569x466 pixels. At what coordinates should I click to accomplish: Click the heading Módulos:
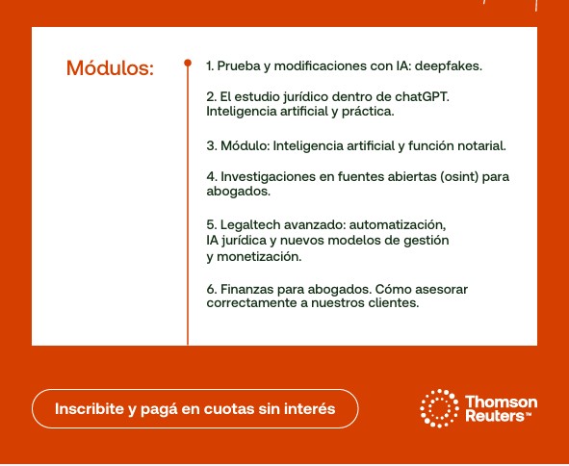pyautogui.click(x=110, y=68)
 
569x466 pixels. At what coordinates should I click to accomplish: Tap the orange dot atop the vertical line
pyautogui.click(x=188, y=64)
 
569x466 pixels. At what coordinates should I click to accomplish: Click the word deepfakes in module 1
pyautogui.click(x=450, y=66)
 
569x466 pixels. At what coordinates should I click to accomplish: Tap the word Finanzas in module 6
pyautogui.click(x=247, y=289)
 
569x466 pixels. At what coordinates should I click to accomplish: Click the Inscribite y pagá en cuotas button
pyautogui.click(x=194, y=408)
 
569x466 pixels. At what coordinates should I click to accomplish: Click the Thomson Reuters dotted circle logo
pyautogui.click(x=439, y=408)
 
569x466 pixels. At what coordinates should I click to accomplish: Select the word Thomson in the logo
pyautogui.click(x=501, y=401)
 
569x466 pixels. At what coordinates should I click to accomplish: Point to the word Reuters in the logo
pyautogui.click(x=494, y=416)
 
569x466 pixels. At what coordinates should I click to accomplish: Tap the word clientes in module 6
pyautogui.click(x=392, y=302)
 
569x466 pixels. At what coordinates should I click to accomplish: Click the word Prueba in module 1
pyautogui.click(x=238, y=66)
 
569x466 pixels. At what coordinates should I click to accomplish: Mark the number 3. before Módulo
pyautogui.click(x=212, y=146)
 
